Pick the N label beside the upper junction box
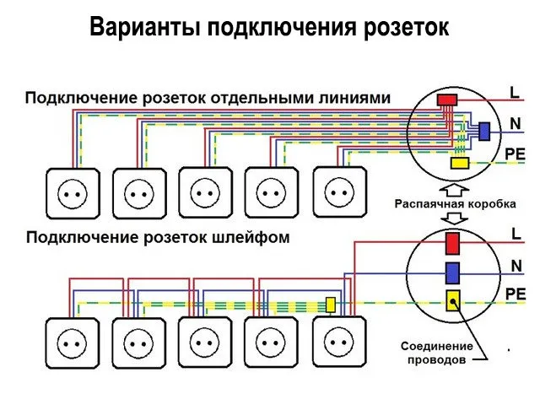tap(515, 124)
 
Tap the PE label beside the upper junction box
tap(516, 154)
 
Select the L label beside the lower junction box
tap(515, 233)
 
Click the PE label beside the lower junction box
tap(516, 293)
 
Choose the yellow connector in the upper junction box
tap(461, 164)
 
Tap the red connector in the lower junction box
tap(453, 243)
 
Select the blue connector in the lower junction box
tap(453, 272)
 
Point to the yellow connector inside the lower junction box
tap(453, 300)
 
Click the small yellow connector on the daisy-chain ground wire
tap(332, 304)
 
